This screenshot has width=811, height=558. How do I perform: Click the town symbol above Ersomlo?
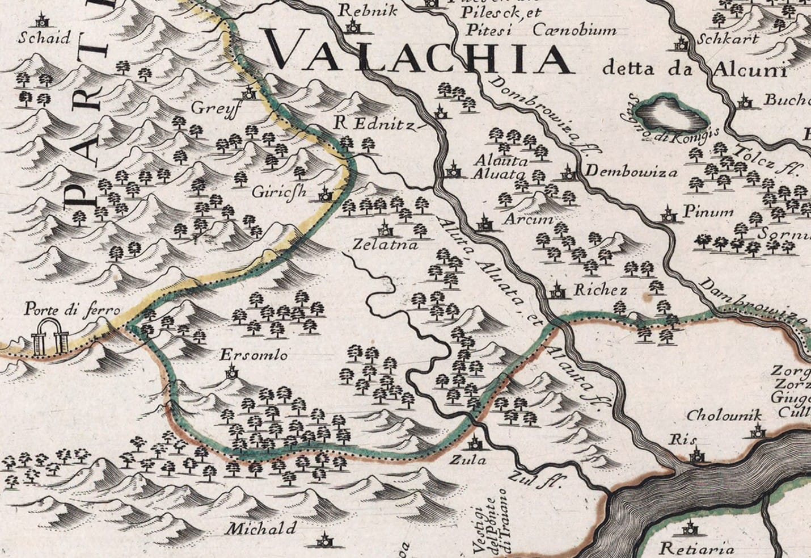(231, 372)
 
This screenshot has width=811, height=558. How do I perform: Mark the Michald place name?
(261, 529)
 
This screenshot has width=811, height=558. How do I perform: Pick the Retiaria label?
(697, 549)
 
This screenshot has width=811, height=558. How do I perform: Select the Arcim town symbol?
(484, 222)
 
